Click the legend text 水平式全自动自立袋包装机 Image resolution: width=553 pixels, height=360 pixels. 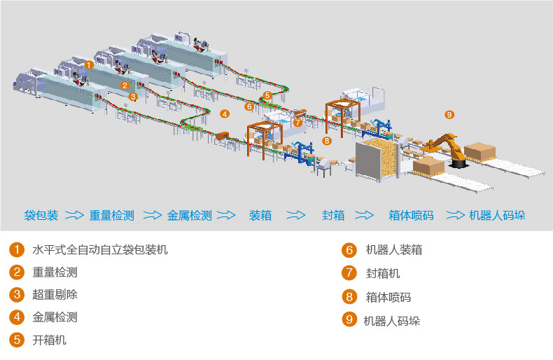pyautogui.click(x=100, y=249)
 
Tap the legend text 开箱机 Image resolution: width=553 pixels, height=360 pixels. pyautogui.click(x=50, y=340)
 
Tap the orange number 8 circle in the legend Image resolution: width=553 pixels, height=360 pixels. pyautogui.click(x=349, y=297)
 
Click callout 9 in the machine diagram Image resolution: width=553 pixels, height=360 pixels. pyautogui.click(x=449, y=114)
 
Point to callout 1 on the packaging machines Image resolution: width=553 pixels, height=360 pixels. pyautogui.click(x=88, y=64)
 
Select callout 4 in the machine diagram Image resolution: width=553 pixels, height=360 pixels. pyautogui.click(x=224, y=113)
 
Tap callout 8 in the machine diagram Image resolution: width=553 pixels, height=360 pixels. pyautogui.click(x=326, y=141)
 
